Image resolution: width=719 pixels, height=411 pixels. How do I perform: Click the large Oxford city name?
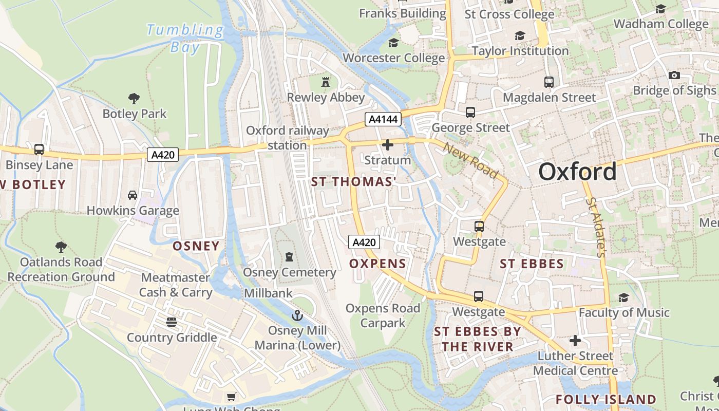click(x=577, y=172)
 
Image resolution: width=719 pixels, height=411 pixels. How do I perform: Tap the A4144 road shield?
click(x=383, y=119)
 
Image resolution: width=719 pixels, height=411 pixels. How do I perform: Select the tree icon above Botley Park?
click(x=134, y=98)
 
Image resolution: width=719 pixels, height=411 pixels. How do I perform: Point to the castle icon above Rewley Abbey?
click(x=325, y=82)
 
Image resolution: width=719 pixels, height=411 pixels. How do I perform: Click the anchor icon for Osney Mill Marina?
click(x=297, y=315)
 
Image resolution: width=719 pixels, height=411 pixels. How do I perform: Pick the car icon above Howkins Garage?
click(x=133, y=195)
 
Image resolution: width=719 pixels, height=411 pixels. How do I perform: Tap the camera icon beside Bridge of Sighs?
click(x=674, y=75)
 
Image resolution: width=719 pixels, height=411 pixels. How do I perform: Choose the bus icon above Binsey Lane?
click(x=39, y=150)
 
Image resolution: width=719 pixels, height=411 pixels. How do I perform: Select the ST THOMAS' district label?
click(x=354, y=182)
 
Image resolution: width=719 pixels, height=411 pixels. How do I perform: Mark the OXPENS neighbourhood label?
click(x=377, y=264)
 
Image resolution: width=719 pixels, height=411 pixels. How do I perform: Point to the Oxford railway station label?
click(x=287, y=138)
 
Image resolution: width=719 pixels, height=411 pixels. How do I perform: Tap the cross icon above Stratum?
click(x=388, y=145)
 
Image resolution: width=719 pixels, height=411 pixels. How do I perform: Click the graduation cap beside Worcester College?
click(x=394, y=43)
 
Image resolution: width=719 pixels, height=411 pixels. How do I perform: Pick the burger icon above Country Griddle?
click(x=172, y=322)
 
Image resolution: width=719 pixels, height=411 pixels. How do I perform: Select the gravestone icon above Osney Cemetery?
click(x=289, y=256)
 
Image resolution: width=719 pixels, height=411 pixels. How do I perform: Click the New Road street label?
click(x=471, y=160)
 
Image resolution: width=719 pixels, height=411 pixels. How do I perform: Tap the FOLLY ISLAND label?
click(x=606, y=400)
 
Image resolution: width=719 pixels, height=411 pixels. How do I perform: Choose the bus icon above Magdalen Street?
click(x=549, y=82)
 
